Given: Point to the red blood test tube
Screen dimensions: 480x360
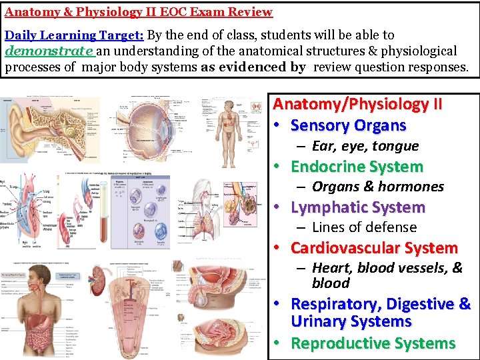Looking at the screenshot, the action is click(x=104, y=207).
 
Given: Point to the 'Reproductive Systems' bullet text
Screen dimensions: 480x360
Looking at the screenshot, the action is click(x=373, y=343).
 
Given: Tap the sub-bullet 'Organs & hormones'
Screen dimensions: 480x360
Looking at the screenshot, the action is click(x=377, y=187).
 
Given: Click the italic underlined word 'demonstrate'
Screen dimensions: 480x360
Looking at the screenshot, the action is click(x=49, y=50).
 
